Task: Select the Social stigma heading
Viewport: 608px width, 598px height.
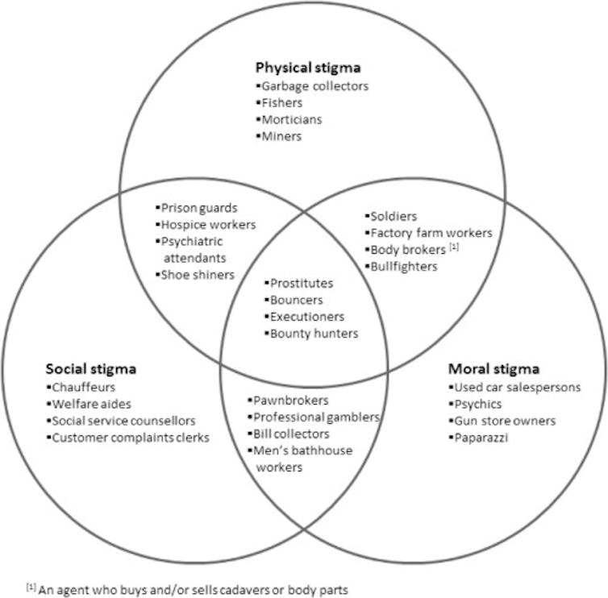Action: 90,369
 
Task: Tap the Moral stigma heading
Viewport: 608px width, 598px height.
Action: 493,369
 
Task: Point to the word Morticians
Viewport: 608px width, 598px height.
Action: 292,119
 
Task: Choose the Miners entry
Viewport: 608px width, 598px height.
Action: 281,136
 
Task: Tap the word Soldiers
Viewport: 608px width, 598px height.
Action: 394,216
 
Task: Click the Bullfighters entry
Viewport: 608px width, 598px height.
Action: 404,266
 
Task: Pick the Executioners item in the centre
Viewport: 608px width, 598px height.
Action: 307,317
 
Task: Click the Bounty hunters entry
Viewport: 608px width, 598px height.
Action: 314,334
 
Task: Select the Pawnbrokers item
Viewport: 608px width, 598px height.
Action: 291,400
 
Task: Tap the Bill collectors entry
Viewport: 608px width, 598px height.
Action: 292,434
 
